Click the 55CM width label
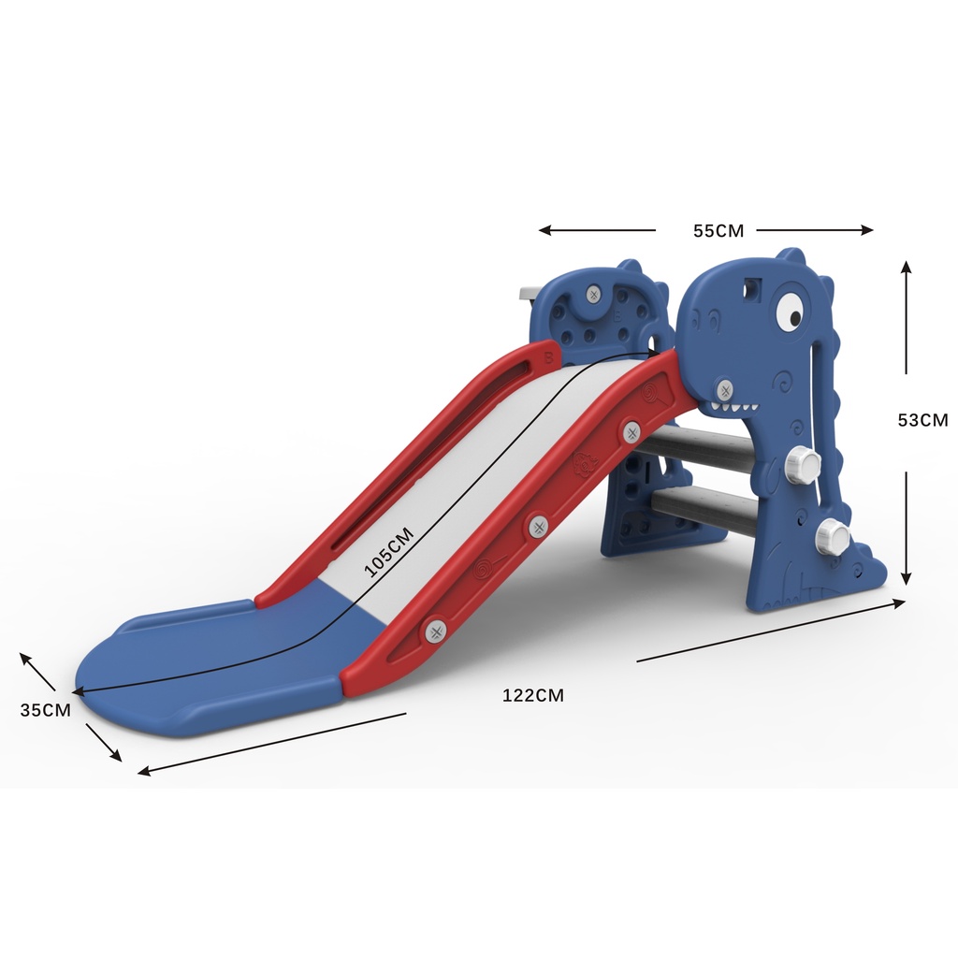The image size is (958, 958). point(718,231)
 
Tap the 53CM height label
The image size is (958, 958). point(922,420)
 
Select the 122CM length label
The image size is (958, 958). point(532,695)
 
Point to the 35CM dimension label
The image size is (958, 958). point(45,710)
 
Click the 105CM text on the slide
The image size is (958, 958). point(389,552)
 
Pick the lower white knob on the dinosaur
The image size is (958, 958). point(832,534)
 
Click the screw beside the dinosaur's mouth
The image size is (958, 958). point(725,388)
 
